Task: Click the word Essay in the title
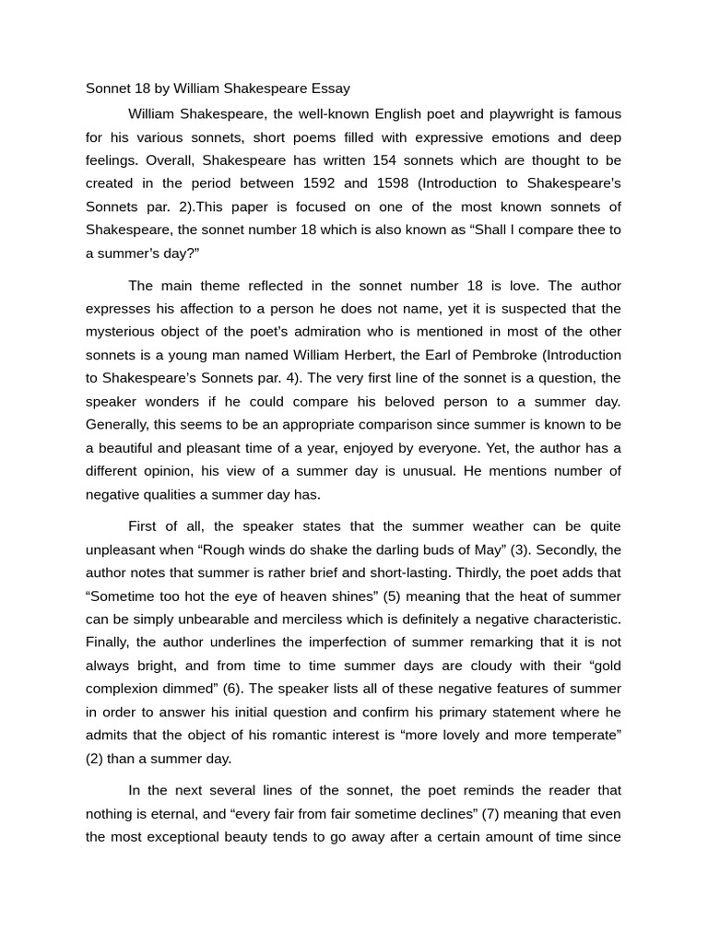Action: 328,89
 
